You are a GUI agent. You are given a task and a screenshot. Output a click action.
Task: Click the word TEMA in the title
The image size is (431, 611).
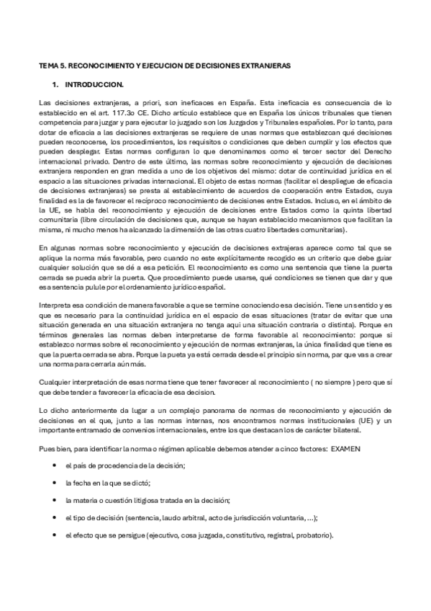[x=47, y=66]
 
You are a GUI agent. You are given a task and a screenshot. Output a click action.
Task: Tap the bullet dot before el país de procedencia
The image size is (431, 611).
[x=55, y=467]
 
